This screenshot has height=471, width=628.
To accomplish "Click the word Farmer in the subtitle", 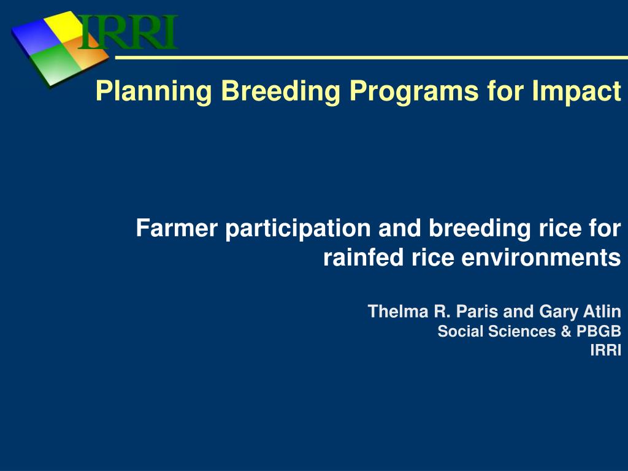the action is tap(177, 228).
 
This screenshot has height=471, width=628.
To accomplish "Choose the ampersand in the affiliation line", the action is tap(566, 331).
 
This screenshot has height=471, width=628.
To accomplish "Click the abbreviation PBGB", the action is tap(599, 331).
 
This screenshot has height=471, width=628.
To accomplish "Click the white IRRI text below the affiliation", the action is tap(605, 350).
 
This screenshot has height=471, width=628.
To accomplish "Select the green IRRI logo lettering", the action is tap(128, 32).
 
